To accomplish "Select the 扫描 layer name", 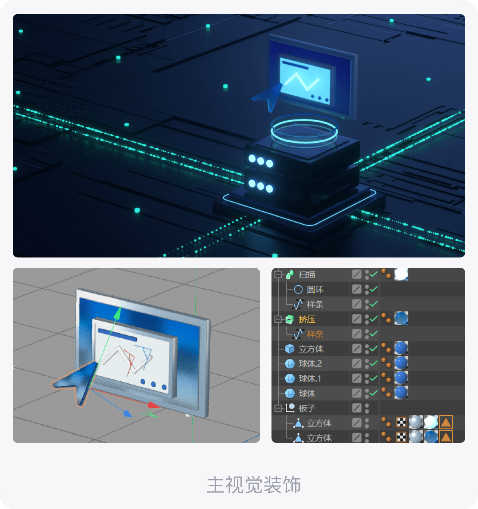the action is (307, 274).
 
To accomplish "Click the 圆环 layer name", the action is (315, 289).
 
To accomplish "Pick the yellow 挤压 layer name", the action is (307, 319).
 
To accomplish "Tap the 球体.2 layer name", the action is (310, 363).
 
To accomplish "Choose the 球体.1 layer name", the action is (310, 378).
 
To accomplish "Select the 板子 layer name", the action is (307, 408).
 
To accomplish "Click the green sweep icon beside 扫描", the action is (290, 274).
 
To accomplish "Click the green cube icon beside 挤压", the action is (290, 319).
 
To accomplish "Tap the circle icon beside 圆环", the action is (298, 289).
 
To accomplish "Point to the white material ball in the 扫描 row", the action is (401, 274).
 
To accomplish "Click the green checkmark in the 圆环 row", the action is (374, 289).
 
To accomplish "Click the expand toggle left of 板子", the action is (277, 408).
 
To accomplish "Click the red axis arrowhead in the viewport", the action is (153, 405).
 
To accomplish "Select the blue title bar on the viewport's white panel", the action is (117, 335).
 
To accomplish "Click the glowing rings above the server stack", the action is (304, 131).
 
